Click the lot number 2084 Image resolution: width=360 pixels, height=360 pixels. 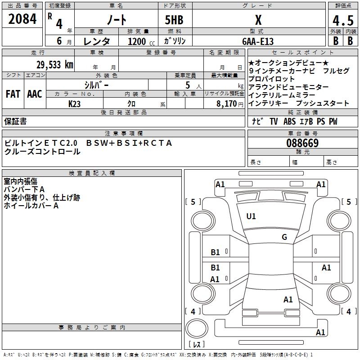pyautogui.click(x=22, y=20)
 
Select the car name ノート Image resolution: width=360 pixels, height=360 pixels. pyautogui.click(x=116, y=20)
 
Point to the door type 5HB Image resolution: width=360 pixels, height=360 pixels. pyautogui.click(x=174, y=20)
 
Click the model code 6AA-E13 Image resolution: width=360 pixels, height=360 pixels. pyautogui.click(x=257, y=41)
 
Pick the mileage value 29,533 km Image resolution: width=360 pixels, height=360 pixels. pyautogui.click(x=54, y=64)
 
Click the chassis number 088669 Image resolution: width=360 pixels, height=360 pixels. pyautogui.click(x=302, y=143)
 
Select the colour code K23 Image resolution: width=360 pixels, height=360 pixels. pyautogui.click(x=75, y=103)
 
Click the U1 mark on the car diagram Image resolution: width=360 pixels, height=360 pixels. pyautogui.click(x=251, y=216)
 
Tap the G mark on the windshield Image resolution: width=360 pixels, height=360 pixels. pyautogui.click(x=284, y=237)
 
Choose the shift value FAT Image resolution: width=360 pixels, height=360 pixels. pyautogui.click(x=13, y=94)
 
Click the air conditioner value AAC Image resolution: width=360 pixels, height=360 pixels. pyautogui.click(x=35, y=94)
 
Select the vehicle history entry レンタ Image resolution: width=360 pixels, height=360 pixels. pyautogui.click(x=97, y=41)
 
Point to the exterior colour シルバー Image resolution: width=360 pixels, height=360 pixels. pyautogui.click(x=96, y=85)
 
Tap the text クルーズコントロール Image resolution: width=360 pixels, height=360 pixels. pyautogui.click(x=42, y=152)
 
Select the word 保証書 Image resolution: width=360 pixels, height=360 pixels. pyautogui.click(x=15, y=121)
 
